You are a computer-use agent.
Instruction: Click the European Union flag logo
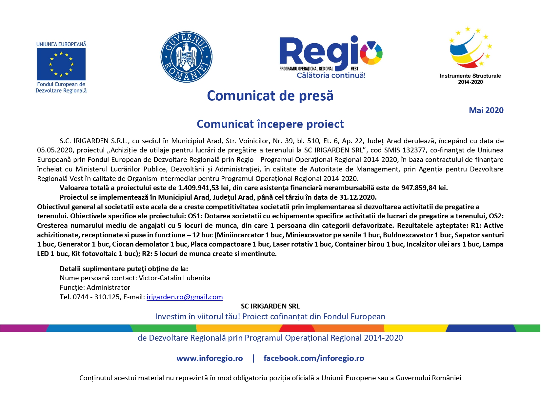tap(61, 64)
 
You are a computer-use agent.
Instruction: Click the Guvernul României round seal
tap(186, 57)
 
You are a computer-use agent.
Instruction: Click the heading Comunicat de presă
tap(270, 96)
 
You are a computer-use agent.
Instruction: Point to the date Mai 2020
tap(486, 110)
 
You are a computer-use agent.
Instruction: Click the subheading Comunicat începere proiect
tap(270, 124)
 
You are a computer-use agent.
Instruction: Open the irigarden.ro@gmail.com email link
tap(185, 297)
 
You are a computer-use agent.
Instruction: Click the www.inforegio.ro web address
tap(210, 358)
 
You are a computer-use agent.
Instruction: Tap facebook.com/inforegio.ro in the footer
tap(314, 358)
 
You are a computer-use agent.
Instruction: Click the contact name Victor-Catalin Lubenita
tap(174, 278)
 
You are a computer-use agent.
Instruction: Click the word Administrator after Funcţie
tap(108, 288)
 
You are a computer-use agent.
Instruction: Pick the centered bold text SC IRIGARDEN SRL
tap(270, 306)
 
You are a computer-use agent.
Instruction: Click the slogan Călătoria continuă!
tap(331, 75)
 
